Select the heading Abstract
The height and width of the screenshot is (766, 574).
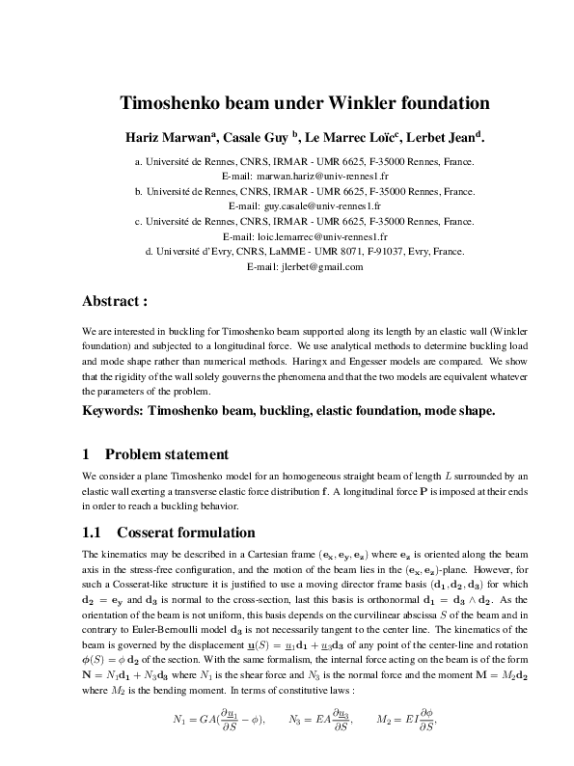pos(115,300)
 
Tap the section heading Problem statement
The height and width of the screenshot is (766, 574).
pos(166,454)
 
